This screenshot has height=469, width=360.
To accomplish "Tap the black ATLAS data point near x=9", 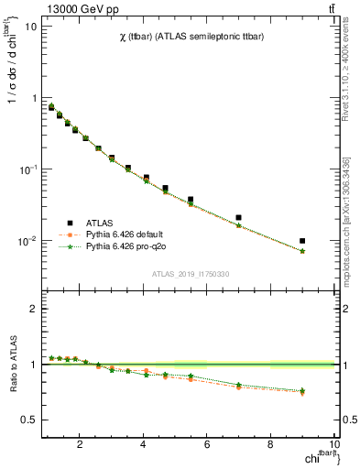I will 302,241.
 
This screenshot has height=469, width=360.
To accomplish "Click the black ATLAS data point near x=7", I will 239,218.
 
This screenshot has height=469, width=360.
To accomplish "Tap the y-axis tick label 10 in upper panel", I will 30,26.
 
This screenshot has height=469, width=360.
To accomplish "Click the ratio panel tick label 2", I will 32,309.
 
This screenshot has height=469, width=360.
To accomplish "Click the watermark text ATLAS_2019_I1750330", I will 190,274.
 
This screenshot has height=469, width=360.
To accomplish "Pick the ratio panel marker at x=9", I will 302,392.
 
